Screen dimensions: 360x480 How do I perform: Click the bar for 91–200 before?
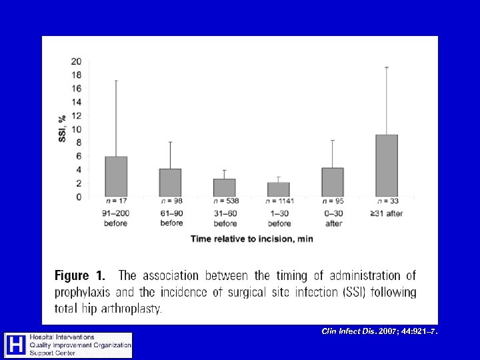pyautogui.click(x=116, y=177)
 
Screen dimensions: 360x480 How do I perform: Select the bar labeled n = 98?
pyautogui.click(x=170, y=183)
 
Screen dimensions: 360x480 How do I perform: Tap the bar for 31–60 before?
pyautogui.click(x=225, y=187)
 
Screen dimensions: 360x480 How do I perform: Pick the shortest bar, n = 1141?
pyautogui.click(x=278, y=189)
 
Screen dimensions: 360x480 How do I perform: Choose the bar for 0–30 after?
pyautogui.click(x=333, y=182)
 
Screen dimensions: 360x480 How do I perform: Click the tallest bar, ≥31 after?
pyautogui.click(x=387, y=165)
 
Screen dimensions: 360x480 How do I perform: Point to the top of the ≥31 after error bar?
pyautogui.click(x=387, y=67)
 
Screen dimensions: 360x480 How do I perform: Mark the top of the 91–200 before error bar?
pyautogui.click(x=116, y=81)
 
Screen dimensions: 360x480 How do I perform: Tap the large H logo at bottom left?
pyautogui.click(x=15, y=345)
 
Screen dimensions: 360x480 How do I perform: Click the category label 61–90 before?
pyautogui.click(x=171, y=218)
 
